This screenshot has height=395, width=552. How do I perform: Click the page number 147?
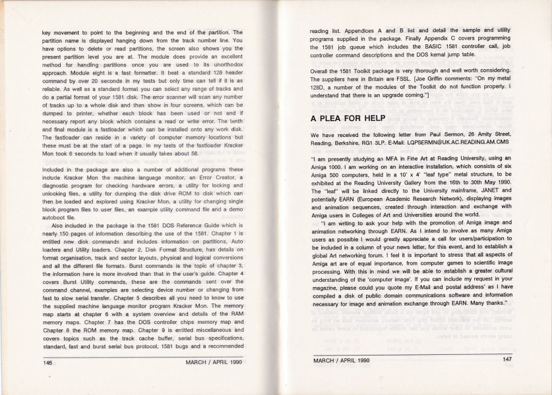pos(506,359)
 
